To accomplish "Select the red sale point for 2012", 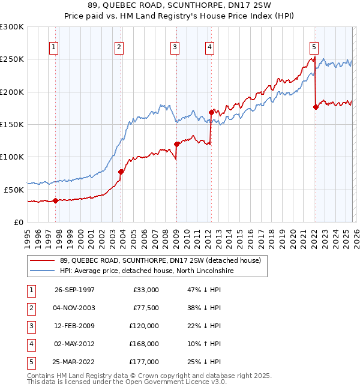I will coord(211,112).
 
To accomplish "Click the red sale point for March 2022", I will coord(316,107).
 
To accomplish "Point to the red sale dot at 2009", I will coord(176,144).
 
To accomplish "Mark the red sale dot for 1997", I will coord(56,200).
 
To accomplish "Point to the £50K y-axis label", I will coord(14,189).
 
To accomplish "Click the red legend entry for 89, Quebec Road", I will coord(160,260).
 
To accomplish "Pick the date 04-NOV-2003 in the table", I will coord(74,307).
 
